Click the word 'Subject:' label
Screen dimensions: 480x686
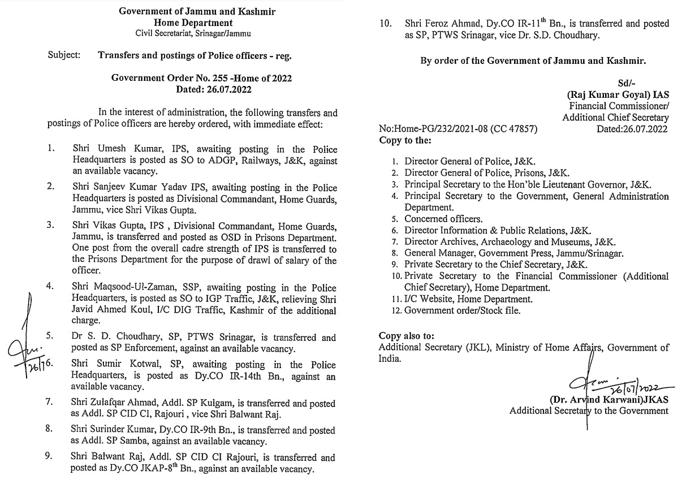coord(64,56)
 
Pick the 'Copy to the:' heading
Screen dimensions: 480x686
coord(405,140)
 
